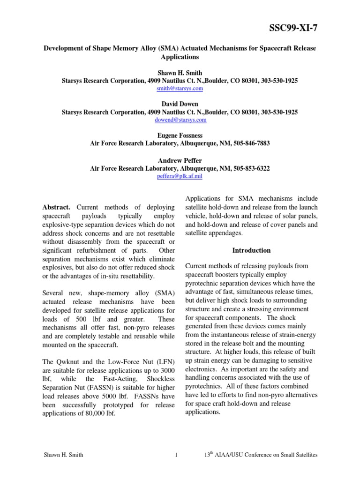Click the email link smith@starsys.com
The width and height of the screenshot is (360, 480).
coord(180,88)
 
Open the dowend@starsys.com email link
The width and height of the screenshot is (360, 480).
coord(180,120)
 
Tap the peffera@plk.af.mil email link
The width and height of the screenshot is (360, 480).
coord(180,176)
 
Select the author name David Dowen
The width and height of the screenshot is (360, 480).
coord(180,104)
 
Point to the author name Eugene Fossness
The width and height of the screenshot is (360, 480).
coord(180,135)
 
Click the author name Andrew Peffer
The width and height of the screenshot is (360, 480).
coord(180,160)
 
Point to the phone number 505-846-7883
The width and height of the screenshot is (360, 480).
coord(250,143)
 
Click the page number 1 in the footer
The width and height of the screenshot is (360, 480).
coord(174,455)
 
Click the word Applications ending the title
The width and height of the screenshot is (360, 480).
coord(180,57)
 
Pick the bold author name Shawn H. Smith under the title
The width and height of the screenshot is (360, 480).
coord(180,73)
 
